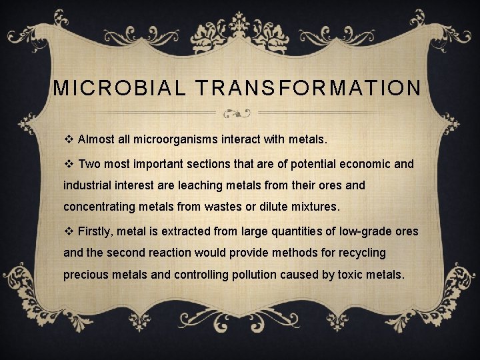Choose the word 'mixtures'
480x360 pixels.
point(315,207)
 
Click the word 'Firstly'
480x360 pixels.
point(97,232)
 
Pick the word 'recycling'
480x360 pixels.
point(361,253)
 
